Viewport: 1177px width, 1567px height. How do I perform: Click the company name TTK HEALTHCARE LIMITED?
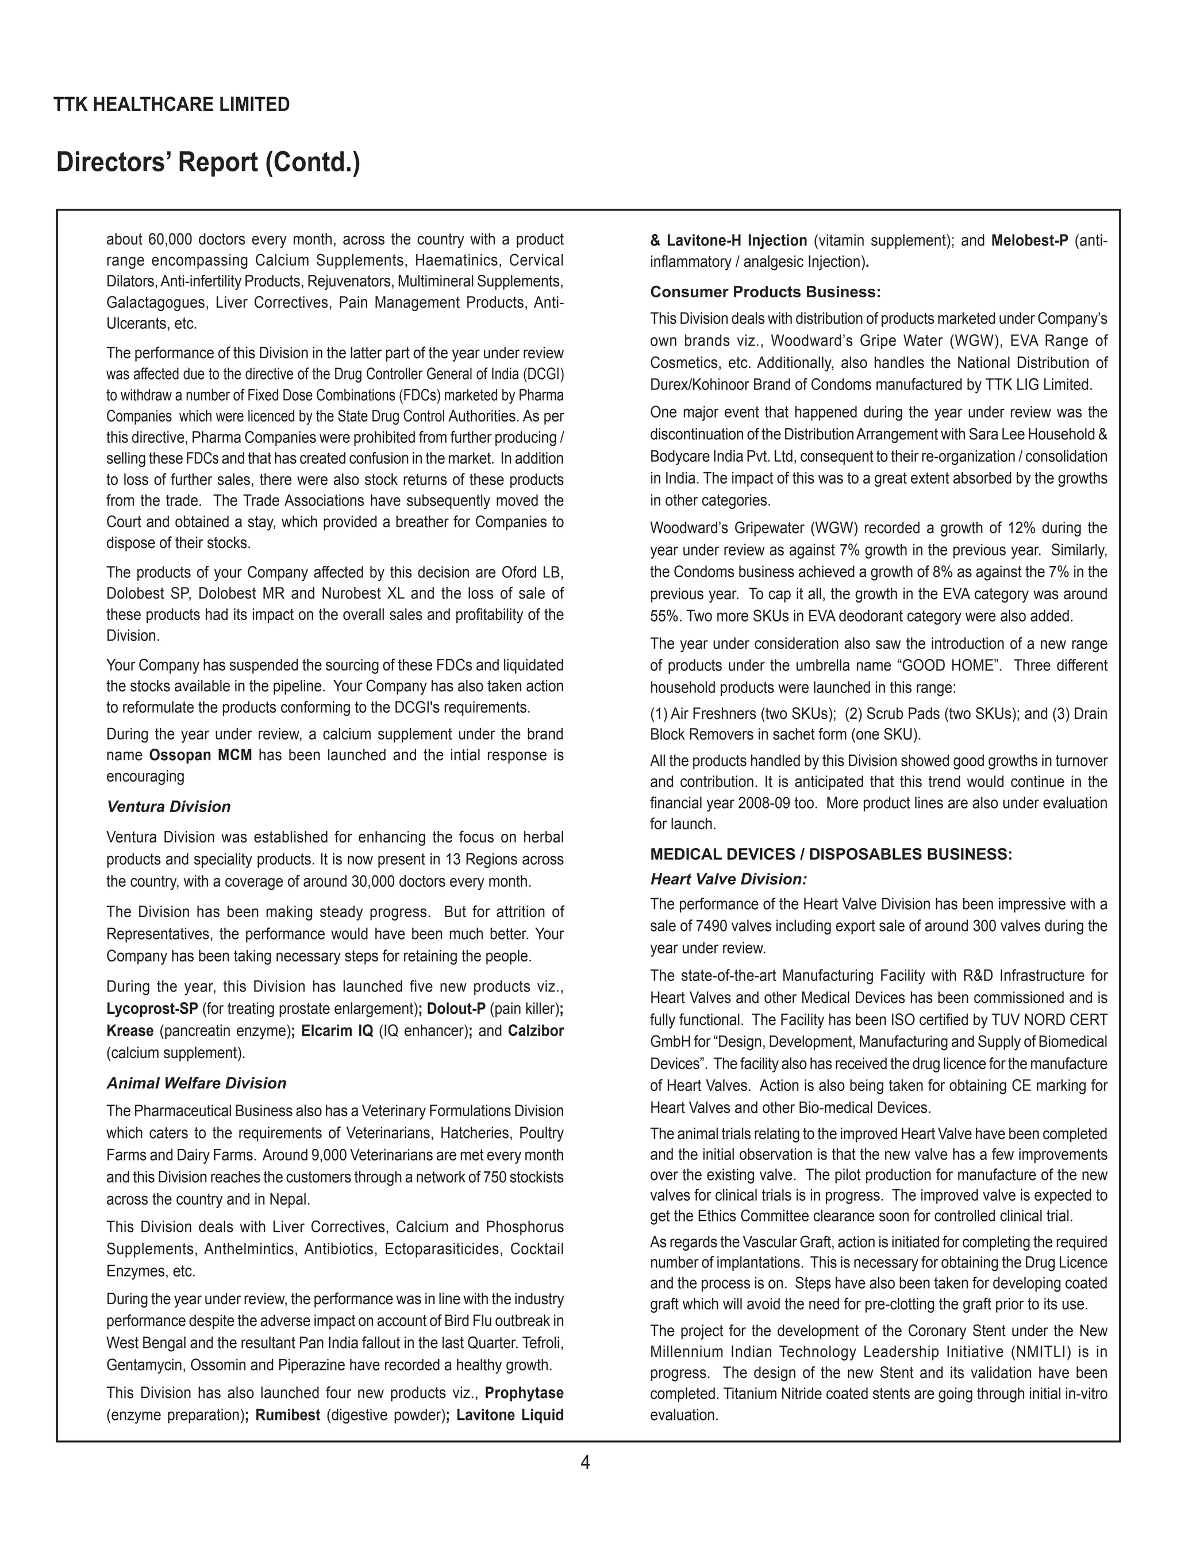coord(171,105)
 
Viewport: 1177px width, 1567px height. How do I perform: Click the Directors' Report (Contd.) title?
coord(207,162)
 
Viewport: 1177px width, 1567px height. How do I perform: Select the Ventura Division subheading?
coord(168,807)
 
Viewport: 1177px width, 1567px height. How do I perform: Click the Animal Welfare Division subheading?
coord(196,1083)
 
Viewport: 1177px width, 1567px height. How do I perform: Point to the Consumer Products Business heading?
coord(766,292)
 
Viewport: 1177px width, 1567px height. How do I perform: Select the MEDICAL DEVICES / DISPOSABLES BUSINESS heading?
coord(830,855)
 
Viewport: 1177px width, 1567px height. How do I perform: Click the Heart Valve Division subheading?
coord(729,879)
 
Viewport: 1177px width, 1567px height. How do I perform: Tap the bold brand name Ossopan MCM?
coord(201,755)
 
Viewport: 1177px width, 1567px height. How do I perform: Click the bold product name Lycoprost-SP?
coord(152,1009)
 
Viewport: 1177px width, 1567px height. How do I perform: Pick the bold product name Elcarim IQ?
coord(337,1030)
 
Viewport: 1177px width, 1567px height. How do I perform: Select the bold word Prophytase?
coord(524,1393)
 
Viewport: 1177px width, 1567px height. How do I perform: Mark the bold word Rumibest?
coord(287,1415)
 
